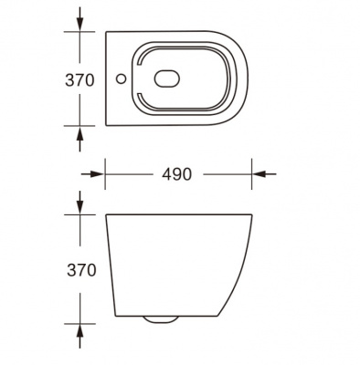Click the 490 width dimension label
(x=177, y=173)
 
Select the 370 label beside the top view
(x=81, y=79)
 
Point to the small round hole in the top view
(x=122, y=79)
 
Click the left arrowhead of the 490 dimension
(x=112, y=173)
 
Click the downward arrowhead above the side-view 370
(x=81, y=208)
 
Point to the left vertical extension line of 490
(x=106, y=173)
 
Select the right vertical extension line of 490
(x=251, y=173)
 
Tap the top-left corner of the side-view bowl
(x=107, y=215)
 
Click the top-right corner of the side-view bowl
(x=251, y=215)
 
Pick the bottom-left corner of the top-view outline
(x=108, y=127)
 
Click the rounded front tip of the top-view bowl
(x=250, y=79)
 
